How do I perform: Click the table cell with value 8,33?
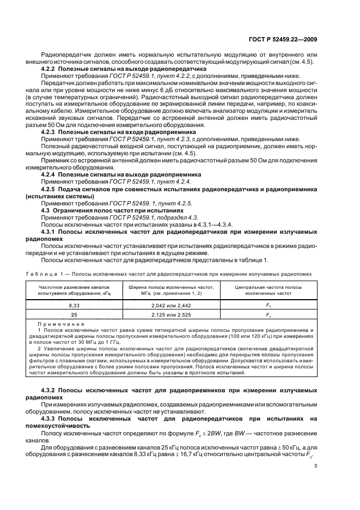(x=74, y=306)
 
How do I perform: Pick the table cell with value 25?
(x=74, y=315)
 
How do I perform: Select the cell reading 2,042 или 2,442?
(x=170, y=306)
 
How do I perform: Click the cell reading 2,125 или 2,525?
(x=170, y=315)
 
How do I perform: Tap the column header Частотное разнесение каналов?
(x=74, y=287)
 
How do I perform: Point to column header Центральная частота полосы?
(x=267, y=287)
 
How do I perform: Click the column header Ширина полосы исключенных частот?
(x=170, y=287)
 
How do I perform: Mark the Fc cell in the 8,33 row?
(x=267, y=306)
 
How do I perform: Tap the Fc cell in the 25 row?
(x=267, y=315)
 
